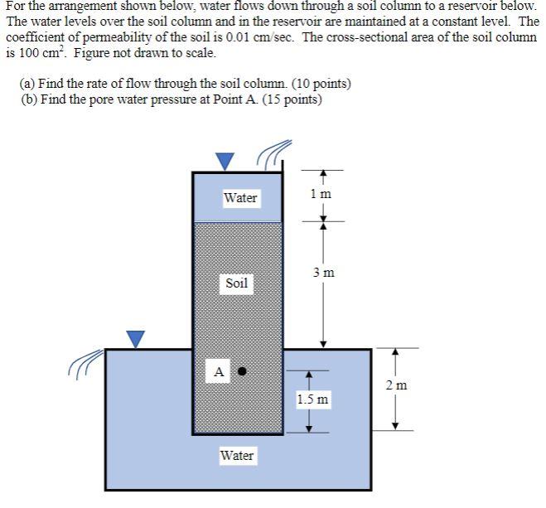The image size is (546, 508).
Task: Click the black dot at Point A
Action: [x=242, y=371]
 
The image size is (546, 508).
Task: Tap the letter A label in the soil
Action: [x=219, y=372]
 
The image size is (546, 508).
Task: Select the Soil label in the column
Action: [x=236, y=283]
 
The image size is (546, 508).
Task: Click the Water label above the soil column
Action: [x=240, y=198]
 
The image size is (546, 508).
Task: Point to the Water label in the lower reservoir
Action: [x=237, y=456]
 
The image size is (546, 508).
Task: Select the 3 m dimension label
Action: [x=324, y=272]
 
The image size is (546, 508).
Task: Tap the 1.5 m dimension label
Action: [x=312, y=400]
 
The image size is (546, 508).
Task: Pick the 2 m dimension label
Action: [x=396, y=385]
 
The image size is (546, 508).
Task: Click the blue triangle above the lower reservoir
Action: [x=135, y=337]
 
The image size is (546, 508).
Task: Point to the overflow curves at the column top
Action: [x=273, y=152]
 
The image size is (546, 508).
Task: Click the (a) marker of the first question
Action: [x=28, y=84]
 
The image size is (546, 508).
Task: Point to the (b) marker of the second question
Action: [x=28, y=99]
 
